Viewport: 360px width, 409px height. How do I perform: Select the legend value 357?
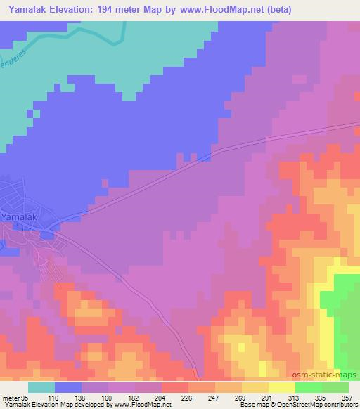(347, 397)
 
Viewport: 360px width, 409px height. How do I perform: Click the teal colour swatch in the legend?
(41, 387)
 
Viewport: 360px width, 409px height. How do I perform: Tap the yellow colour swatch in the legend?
(282, 387)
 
